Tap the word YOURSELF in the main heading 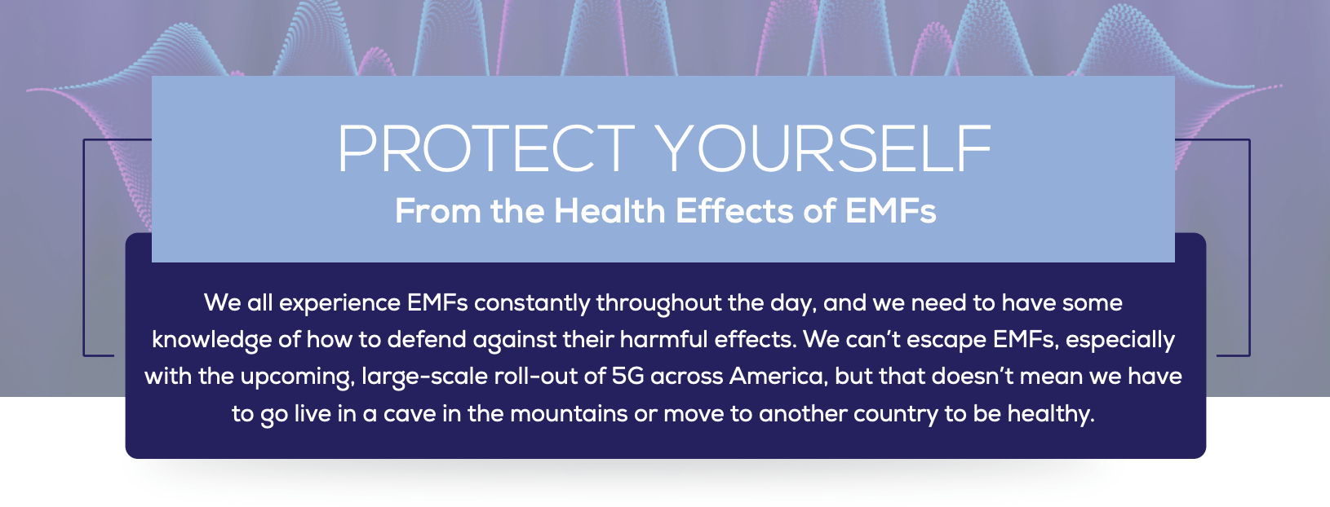(x=824, y=149)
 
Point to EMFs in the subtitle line (x=890, y=211)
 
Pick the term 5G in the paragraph (x=627, y=377)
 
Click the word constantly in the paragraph (x=532, y=303)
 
